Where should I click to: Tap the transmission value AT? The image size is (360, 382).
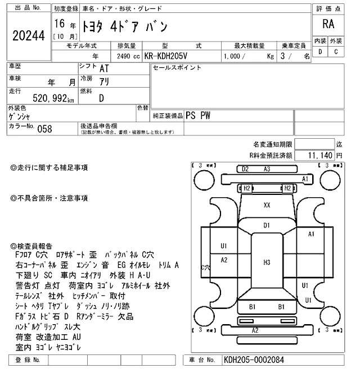[x=104, y=69]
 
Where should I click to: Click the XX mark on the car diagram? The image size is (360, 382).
[x=267, y=205]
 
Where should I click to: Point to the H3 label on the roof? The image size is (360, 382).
[x=267, y=262]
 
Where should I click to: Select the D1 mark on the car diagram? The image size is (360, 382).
[x=267, y=225]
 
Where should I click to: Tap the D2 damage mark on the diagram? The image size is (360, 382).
[x=245, y=169]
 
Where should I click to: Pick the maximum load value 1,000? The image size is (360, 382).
[x=235, y=57]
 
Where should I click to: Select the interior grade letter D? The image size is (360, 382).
[x=320, y=52]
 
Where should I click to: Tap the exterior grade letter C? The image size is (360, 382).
[x=336, y=52]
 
